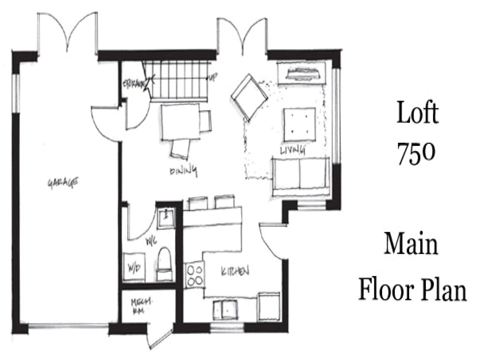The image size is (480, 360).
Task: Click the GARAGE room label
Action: [63, 183]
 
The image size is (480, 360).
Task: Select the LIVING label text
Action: [292, 150]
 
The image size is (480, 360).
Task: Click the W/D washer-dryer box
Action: [134, 268]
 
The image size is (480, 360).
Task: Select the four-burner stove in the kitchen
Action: [195, 274]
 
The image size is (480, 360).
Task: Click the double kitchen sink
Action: [225, 310]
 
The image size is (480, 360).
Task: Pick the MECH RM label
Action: [138, 306]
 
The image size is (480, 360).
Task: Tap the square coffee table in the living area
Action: [299, 122]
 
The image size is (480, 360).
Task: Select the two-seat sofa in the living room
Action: [300, 176]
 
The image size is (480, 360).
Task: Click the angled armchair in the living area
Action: [249, 96]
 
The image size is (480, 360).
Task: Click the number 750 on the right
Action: [416, 154]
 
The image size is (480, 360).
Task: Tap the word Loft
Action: [417, 114]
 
